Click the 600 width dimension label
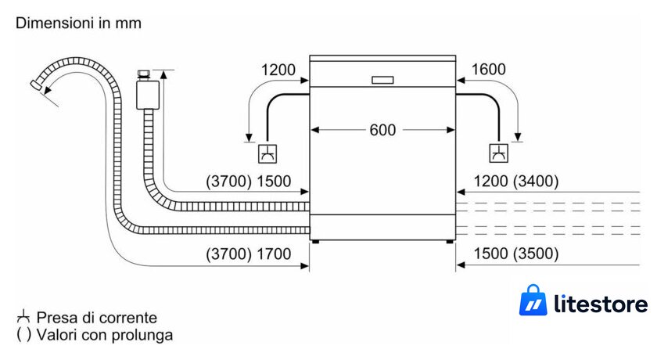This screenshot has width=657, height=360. [x=382, y=130]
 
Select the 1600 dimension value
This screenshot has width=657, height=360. [x=489, y=69]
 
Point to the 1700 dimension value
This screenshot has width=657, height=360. [x=274, y=254]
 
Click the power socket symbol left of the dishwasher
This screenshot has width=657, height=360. [x=267, y=154]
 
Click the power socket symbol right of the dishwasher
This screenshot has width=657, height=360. [x=499, y=153]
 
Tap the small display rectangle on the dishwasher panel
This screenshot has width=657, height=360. [x=382, y=80]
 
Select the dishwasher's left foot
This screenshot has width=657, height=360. [x=315, y=242]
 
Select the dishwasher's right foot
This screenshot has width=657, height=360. [x=450, y=242]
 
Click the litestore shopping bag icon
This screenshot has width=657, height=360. [x=533, y=300]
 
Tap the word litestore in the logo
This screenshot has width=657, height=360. [x=601, y=303]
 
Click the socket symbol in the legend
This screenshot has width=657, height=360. [x=23, y=317]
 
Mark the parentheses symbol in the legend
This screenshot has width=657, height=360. [x=23, y=334]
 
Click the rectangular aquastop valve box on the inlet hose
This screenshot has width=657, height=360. [x=148, y=95]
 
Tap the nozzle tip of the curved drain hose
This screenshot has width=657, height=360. [x=35, y=84]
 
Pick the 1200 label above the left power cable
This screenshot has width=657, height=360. [x=278, y=70]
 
